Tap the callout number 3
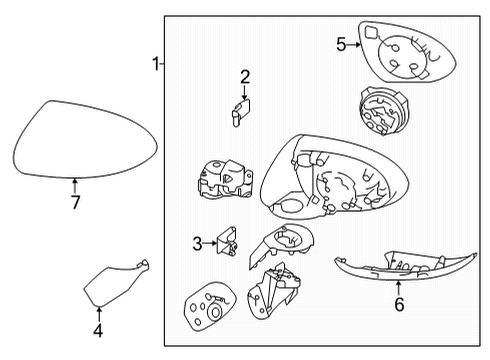coord(198,242)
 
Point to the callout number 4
coord(98,330)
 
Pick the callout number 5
coord(341,45)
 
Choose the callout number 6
coord(399,304)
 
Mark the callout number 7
coord(75,203)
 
